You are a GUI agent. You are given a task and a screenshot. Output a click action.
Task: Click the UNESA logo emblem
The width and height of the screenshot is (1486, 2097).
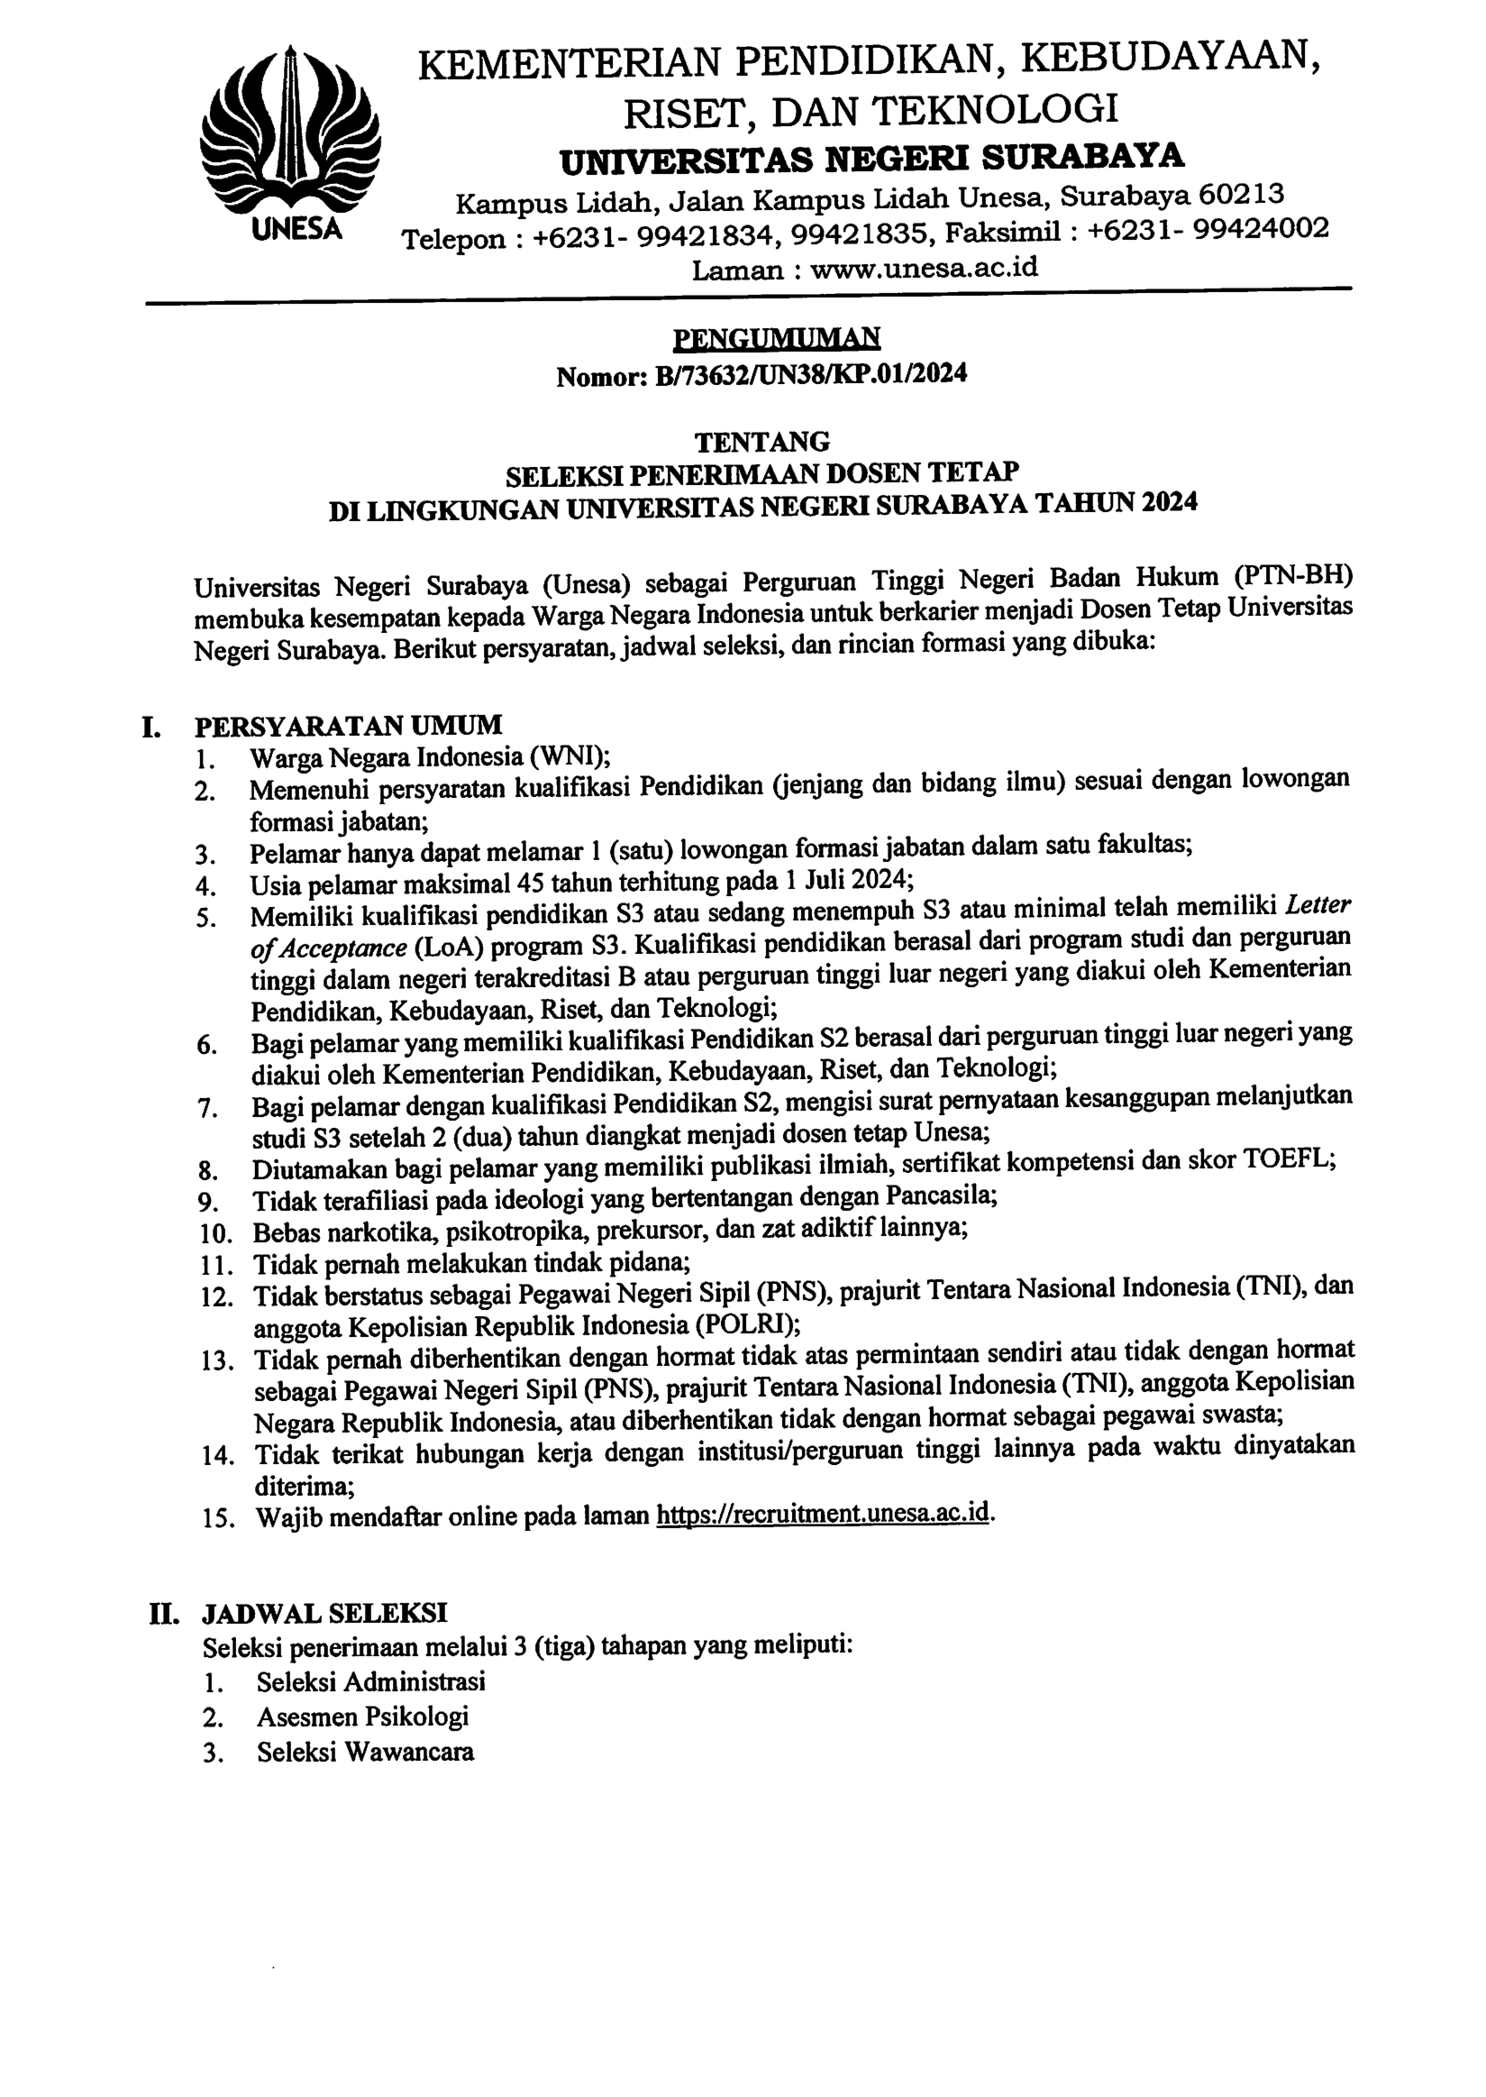289,137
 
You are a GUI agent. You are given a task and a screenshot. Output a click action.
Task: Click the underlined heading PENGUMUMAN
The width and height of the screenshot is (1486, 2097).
776,339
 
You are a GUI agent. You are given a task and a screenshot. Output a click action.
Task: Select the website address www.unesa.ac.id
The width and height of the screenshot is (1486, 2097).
925,269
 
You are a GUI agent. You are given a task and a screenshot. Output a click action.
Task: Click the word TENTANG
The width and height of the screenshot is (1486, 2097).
761,442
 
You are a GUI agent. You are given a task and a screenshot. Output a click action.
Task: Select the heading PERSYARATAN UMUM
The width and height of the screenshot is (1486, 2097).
348,726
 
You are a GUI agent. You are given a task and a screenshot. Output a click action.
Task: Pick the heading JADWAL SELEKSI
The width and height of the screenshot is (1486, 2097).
324,1612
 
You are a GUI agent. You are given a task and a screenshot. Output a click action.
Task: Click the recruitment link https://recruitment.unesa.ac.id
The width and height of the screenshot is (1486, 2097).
823,1513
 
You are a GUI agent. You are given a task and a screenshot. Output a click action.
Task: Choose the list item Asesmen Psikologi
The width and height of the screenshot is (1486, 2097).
362,1717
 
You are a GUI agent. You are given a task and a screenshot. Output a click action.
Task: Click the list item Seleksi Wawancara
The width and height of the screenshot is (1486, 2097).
365,1752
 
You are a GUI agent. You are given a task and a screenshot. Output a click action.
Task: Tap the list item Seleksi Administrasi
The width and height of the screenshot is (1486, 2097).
370,1681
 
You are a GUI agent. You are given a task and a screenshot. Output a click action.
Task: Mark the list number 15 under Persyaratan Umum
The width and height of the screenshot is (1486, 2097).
218,1517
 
